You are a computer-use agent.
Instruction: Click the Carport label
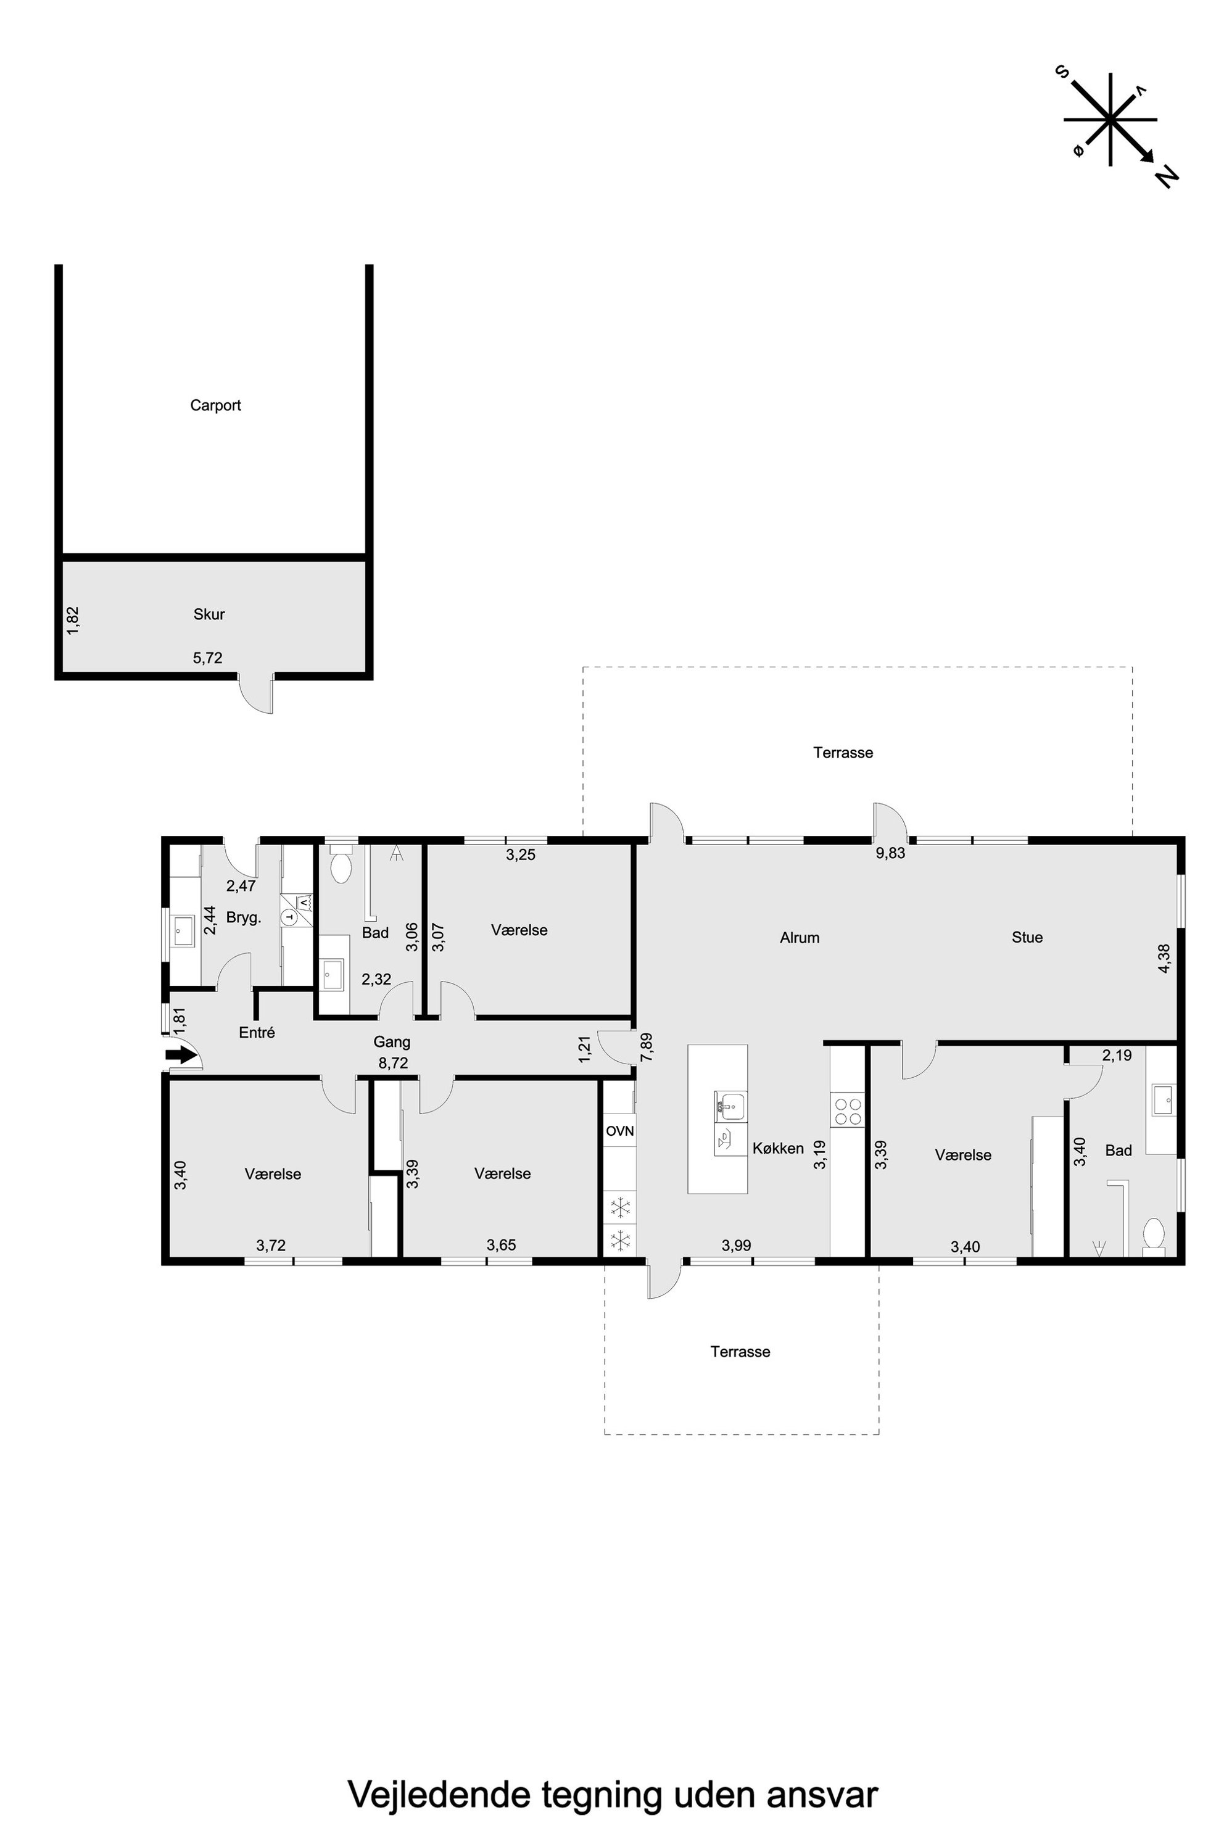215,406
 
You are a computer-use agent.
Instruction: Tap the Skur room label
209,614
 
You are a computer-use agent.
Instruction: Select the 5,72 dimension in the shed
208,658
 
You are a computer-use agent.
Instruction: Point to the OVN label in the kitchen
620,1131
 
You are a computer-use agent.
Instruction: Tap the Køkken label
779,1148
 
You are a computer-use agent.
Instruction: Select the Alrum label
800,938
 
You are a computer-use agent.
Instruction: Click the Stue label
1027,938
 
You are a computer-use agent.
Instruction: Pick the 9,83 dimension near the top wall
891,853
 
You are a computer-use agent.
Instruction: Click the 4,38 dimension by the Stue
1165,958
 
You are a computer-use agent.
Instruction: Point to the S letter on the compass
1062,71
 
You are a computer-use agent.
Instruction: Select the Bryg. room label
244,918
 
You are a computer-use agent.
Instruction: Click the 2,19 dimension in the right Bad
1117,1056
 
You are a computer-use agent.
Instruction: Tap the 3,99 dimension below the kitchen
736,1245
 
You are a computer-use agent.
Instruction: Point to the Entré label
257,1033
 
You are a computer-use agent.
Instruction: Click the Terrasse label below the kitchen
740,1352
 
